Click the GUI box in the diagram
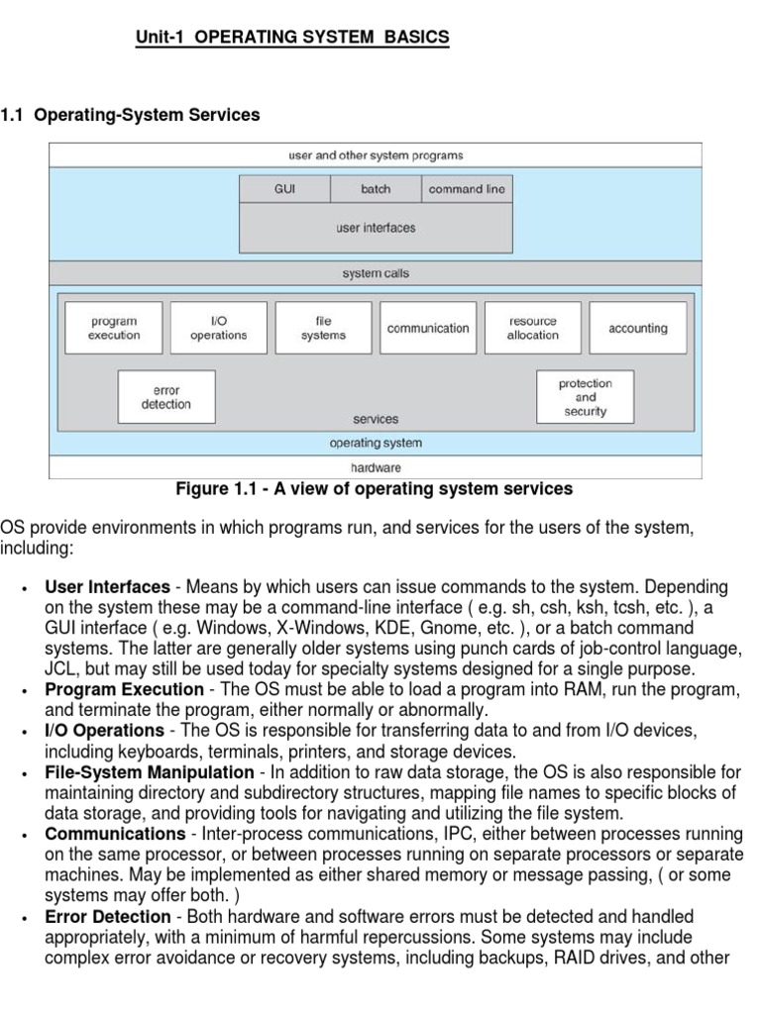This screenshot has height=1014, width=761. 284,189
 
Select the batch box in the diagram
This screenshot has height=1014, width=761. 376,189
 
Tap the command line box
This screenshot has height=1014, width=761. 467,189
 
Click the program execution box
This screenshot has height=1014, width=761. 113,328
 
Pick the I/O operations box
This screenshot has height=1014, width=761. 218,328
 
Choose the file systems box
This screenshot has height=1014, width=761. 324,328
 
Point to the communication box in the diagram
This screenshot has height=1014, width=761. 428,328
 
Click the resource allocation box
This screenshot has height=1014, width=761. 533,328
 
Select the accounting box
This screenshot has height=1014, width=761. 638,328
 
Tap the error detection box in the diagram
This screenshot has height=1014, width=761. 166,397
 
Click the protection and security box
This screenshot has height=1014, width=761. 585,397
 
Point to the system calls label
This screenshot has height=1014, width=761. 376,273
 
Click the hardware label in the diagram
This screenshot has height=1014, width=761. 376,467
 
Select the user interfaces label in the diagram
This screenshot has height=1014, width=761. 376,228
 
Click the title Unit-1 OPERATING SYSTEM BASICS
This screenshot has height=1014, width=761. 291,38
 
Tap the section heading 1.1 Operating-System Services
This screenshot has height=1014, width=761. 131,115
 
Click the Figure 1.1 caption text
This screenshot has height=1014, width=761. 374,488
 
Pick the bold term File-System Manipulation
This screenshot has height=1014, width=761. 150,771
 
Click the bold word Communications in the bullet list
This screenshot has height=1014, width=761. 115,834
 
